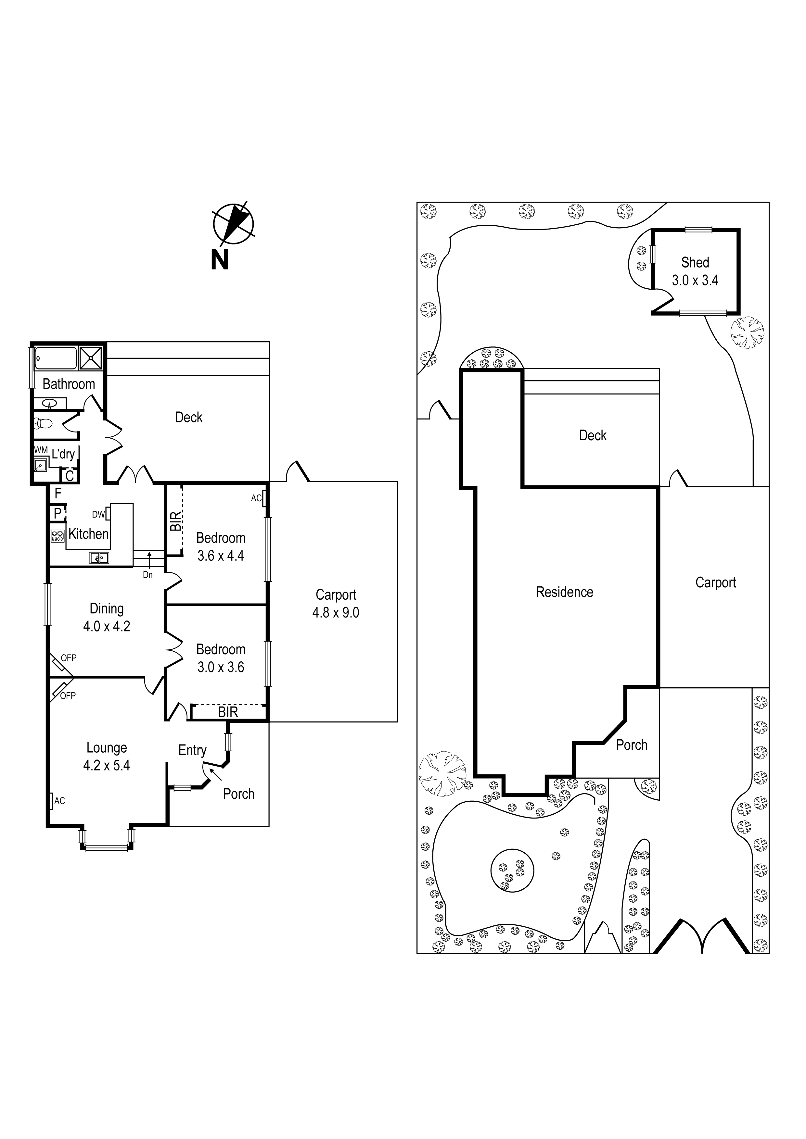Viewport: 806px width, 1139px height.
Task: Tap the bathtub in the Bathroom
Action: pos(56,358)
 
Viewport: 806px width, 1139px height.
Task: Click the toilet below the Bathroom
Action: pos(44,424)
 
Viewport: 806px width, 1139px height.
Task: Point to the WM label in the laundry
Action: pos(41,450)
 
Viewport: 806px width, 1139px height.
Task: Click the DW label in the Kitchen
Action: pos(98,514)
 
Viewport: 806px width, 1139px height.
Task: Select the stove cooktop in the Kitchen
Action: pos(58,535)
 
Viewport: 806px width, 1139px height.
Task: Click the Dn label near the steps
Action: pos(147,575)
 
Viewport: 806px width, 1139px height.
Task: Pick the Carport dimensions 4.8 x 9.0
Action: pos(336,613)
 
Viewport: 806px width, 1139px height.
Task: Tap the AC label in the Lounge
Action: pos(59,801)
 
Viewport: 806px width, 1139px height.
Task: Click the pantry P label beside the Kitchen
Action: pos(58,513)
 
